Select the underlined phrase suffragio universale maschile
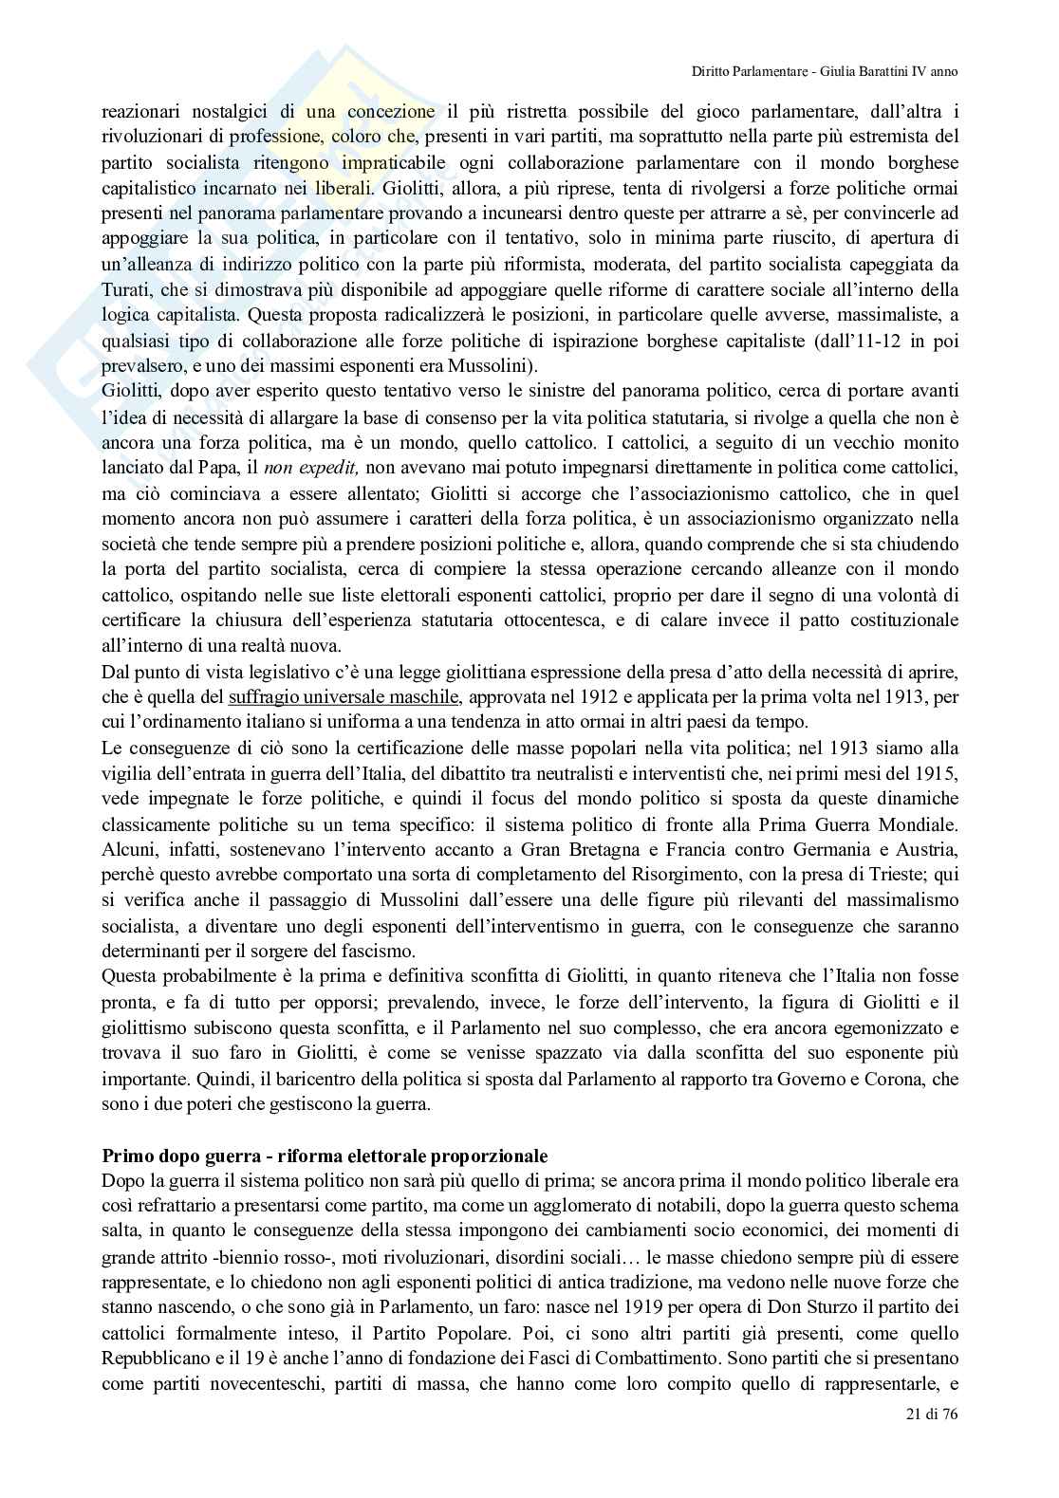[344, 698]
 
